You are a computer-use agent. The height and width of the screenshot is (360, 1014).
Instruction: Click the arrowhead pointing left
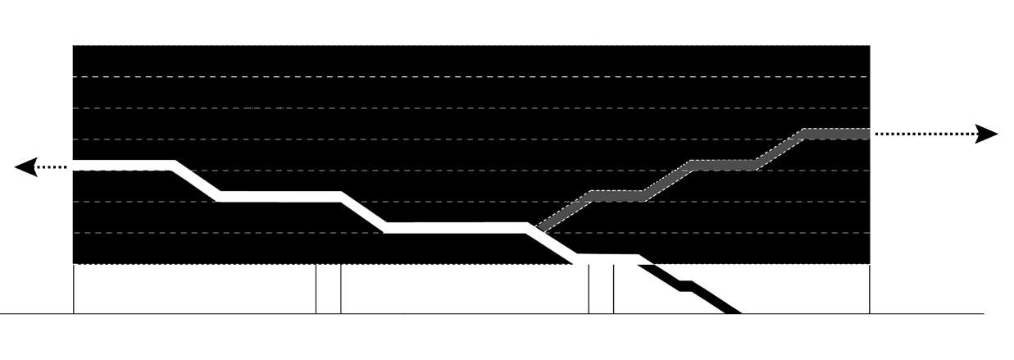[26, 167]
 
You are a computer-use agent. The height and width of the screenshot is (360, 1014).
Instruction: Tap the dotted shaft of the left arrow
[55, 167]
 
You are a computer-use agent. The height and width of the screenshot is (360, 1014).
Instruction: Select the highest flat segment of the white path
[123, 166]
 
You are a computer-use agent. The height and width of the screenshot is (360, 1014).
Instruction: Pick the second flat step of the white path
[279, 196]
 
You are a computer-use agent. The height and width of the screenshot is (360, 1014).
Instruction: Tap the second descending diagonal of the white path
[363, 212]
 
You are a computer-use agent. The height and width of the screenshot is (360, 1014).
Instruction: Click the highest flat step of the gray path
[836, 134]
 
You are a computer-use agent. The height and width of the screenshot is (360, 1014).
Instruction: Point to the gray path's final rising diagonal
[779, 149]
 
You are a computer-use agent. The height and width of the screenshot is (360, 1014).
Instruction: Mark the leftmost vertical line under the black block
[74, 289]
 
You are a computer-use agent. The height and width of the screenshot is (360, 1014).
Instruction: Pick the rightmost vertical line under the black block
[870, 289]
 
